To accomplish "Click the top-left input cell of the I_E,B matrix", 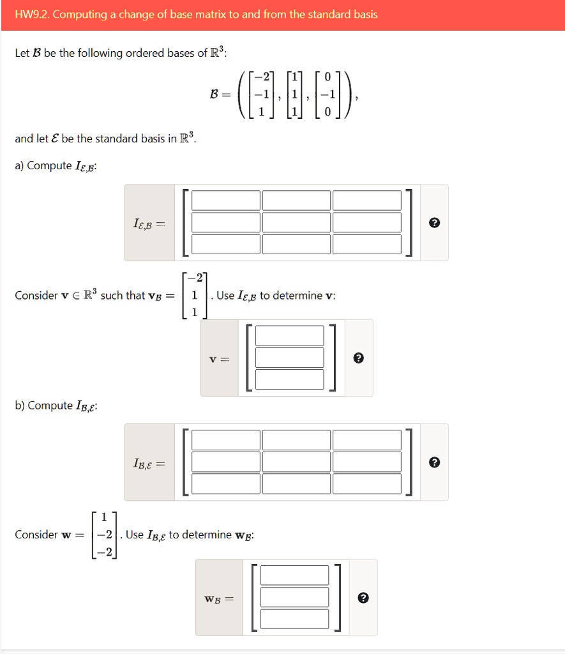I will pyautogui.click(x=226, y=201).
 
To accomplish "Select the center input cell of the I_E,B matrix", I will pyautogui.click(x=296, y=222).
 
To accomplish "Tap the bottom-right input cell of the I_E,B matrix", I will pyautogui.click(x=366, y=244).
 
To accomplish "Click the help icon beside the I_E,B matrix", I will pyautogui.click(x=434, y=223).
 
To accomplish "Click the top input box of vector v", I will pyautogui.click(x=289, y=336).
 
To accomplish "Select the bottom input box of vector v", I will pyautogui.click(x=289, y=379).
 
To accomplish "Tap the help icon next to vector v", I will pyautogui.click(x=359, y=358).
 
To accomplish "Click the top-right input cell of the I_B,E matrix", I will pyautogui.click(x=366, y=440).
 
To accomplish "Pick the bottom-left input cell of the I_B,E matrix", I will pyautogui.click(x=226, y=483).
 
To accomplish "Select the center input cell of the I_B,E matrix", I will pyautogui.click(x=296, y=462).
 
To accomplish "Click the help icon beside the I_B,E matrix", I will pyautogui.click(x=434, y=462).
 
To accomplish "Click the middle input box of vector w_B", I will pyautogui.click(x=294, y=597).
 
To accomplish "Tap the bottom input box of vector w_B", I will pyautogui.click(x=294, y=619).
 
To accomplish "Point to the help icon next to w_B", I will pyautogui.click(x=363, y=598).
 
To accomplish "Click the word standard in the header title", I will pyautogui.click(x=327, y=14).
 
